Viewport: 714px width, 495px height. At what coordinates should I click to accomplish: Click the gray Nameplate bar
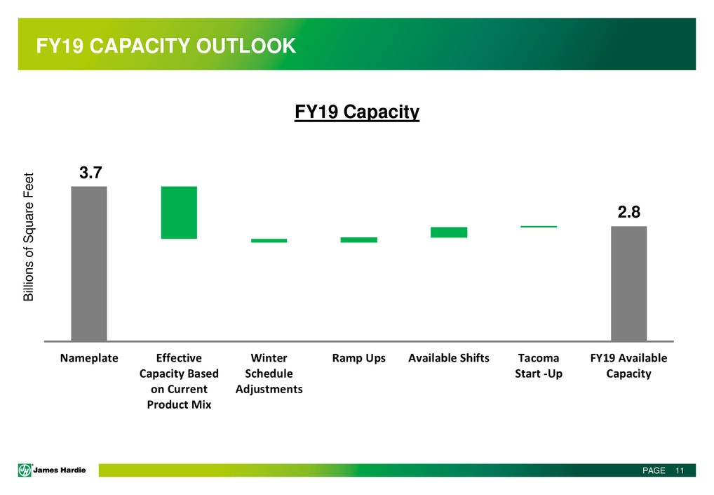(89, 263)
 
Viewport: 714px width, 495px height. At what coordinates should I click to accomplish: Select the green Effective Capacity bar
(179, 213)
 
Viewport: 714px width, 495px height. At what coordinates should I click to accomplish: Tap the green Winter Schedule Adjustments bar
(269, 241)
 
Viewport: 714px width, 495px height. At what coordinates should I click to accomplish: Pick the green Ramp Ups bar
(358, 240)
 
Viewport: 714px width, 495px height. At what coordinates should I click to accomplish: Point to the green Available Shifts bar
(449, 232)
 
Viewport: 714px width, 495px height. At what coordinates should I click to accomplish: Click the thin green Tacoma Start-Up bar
(539, 227)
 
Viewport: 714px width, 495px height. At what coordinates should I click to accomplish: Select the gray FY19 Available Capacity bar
(628, 283)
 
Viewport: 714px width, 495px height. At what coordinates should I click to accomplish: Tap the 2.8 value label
(628, 213)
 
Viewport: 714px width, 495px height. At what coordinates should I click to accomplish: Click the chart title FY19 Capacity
(356, 112)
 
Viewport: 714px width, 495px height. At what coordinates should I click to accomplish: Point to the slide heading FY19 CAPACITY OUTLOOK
(166, 46)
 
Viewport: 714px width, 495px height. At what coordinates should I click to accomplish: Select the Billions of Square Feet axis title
(29, 237)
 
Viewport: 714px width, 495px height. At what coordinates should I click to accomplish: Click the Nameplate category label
(89, 358)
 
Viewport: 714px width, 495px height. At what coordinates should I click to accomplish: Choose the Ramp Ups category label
(358, 358)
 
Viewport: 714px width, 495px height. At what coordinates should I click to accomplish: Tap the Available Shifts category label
(449, 358)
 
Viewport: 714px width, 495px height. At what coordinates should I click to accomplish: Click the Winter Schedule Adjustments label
(269, 373)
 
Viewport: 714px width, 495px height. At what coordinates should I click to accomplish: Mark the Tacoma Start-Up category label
(539, 366)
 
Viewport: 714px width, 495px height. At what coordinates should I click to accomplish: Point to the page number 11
(680, 470)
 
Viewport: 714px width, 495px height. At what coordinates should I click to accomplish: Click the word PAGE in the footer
(654, 470)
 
